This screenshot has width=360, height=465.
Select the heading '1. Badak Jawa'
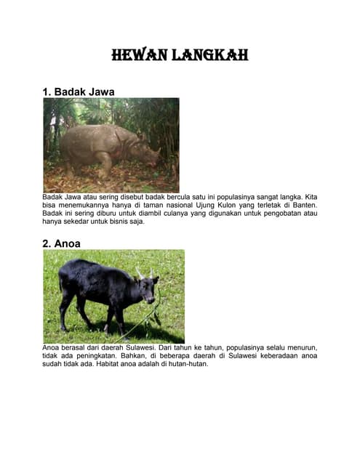pos(79,92)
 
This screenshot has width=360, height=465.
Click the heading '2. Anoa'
pos(62,243)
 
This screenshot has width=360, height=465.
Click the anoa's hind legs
pos(69,309)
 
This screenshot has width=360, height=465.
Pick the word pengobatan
pos(279,214)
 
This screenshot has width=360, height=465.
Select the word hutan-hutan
pos(187,365)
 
